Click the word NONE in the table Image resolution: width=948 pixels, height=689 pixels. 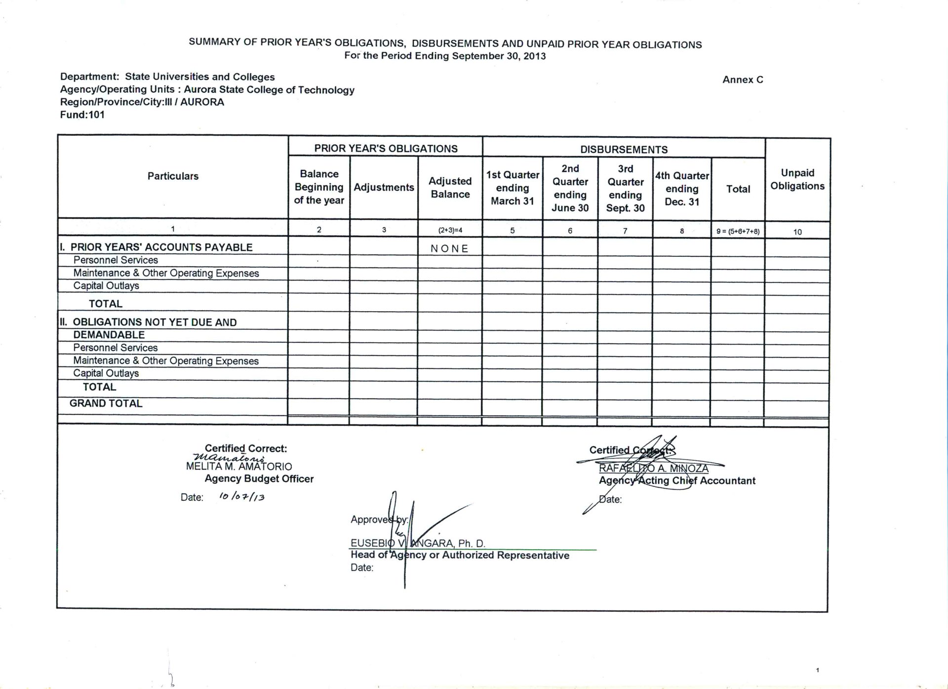(x=449, y=248)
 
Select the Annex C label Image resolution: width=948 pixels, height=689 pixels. (x=743, y=80)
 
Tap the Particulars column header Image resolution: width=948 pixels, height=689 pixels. (x=173, y=176)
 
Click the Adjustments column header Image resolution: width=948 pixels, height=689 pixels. (x=384, y=187)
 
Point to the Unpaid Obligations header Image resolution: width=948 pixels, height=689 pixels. (x=797, y=179)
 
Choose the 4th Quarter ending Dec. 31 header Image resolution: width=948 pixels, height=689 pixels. (x=682, y=189)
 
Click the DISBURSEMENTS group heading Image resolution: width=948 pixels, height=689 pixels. (x=624, y=149)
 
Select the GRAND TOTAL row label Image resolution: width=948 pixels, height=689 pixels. (x=106, y=403)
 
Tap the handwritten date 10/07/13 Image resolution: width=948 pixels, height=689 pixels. (x=242, y=496)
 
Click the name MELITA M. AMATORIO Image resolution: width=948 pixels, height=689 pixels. (x=239, y=466)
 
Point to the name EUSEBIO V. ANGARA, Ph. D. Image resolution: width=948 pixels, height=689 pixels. (x=418, y=543)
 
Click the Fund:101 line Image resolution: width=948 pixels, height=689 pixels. (x=82, y=115)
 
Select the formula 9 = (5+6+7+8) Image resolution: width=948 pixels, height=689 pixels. (x=738, y=231)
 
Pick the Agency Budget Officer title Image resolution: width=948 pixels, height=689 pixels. (x=259, y=479)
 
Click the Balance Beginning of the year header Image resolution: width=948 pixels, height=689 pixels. (x=319, y=187)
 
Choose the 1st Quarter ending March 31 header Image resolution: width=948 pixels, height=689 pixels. (x=513, y=188)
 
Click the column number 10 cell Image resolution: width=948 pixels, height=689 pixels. (x=797, y=232)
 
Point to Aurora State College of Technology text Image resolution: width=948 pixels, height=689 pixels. (x=269, y=90)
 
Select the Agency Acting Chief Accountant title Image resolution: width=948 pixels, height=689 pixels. (x=677, y=481)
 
